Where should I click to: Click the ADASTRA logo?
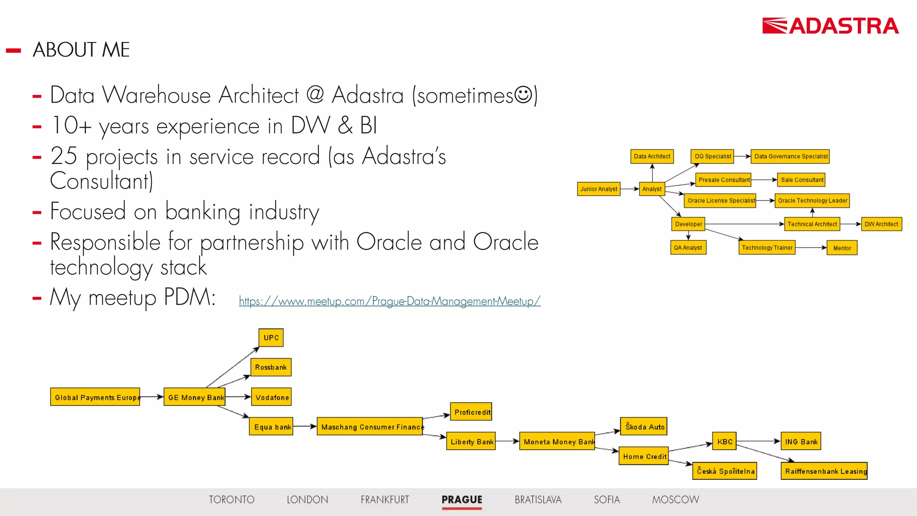(x=830, y=26)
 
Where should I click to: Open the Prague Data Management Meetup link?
(x=390, y=301)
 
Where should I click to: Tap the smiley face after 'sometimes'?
(x=523, y=95)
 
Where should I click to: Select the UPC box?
(x=271, y=338)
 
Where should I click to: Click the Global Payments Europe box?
(x=95, y=397)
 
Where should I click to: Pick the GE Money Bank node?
(x=195, y=397)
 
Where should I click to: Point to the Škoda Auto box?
(x=644, y=427)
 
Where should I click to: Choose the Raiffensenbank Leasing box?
(x=824, y=471)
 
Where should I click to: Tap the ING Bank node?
(x=801, y=442)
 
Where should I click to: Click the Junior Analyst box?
(x=599, y=189)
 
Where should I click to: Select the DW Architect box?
(x=881, y=224)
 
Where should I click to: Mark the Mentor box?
(x=842, y=248)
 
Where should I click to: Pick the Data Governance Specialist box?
(x=790, y=156)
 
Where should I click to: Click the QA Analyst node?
(x=688, y=248)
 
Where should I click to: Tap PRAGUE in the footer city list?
(x=462, y=499)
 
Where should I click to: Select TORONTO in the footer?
(x=231, y=499)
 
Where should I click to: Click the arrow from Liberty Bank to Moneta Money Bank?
(x=507, y=441)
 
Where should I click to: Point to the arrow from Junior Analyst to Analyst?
(x=630, y=189)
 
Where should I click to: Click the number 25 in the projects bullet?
(x=64, y=156)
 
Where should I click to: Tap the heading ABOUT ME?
(x=81, y=50)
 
